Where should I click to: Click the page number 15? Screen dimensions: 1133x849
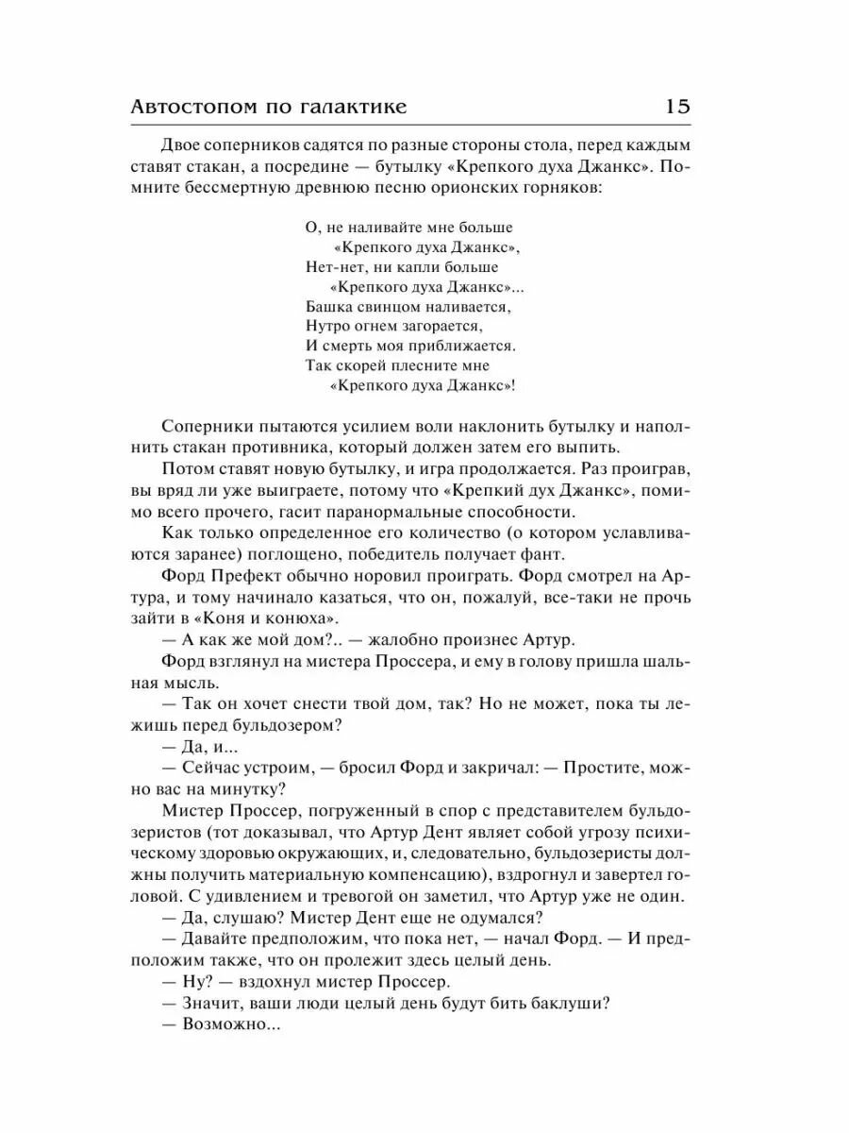[x=677, y=106]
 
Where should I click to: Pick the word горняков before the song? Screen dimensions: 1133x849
[x=556, y=189]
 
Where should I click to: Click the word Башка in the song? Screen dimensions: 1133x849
[x=327, y=307]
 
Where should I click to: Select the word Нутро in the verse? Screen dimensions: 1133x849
[x=327, y=326]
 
